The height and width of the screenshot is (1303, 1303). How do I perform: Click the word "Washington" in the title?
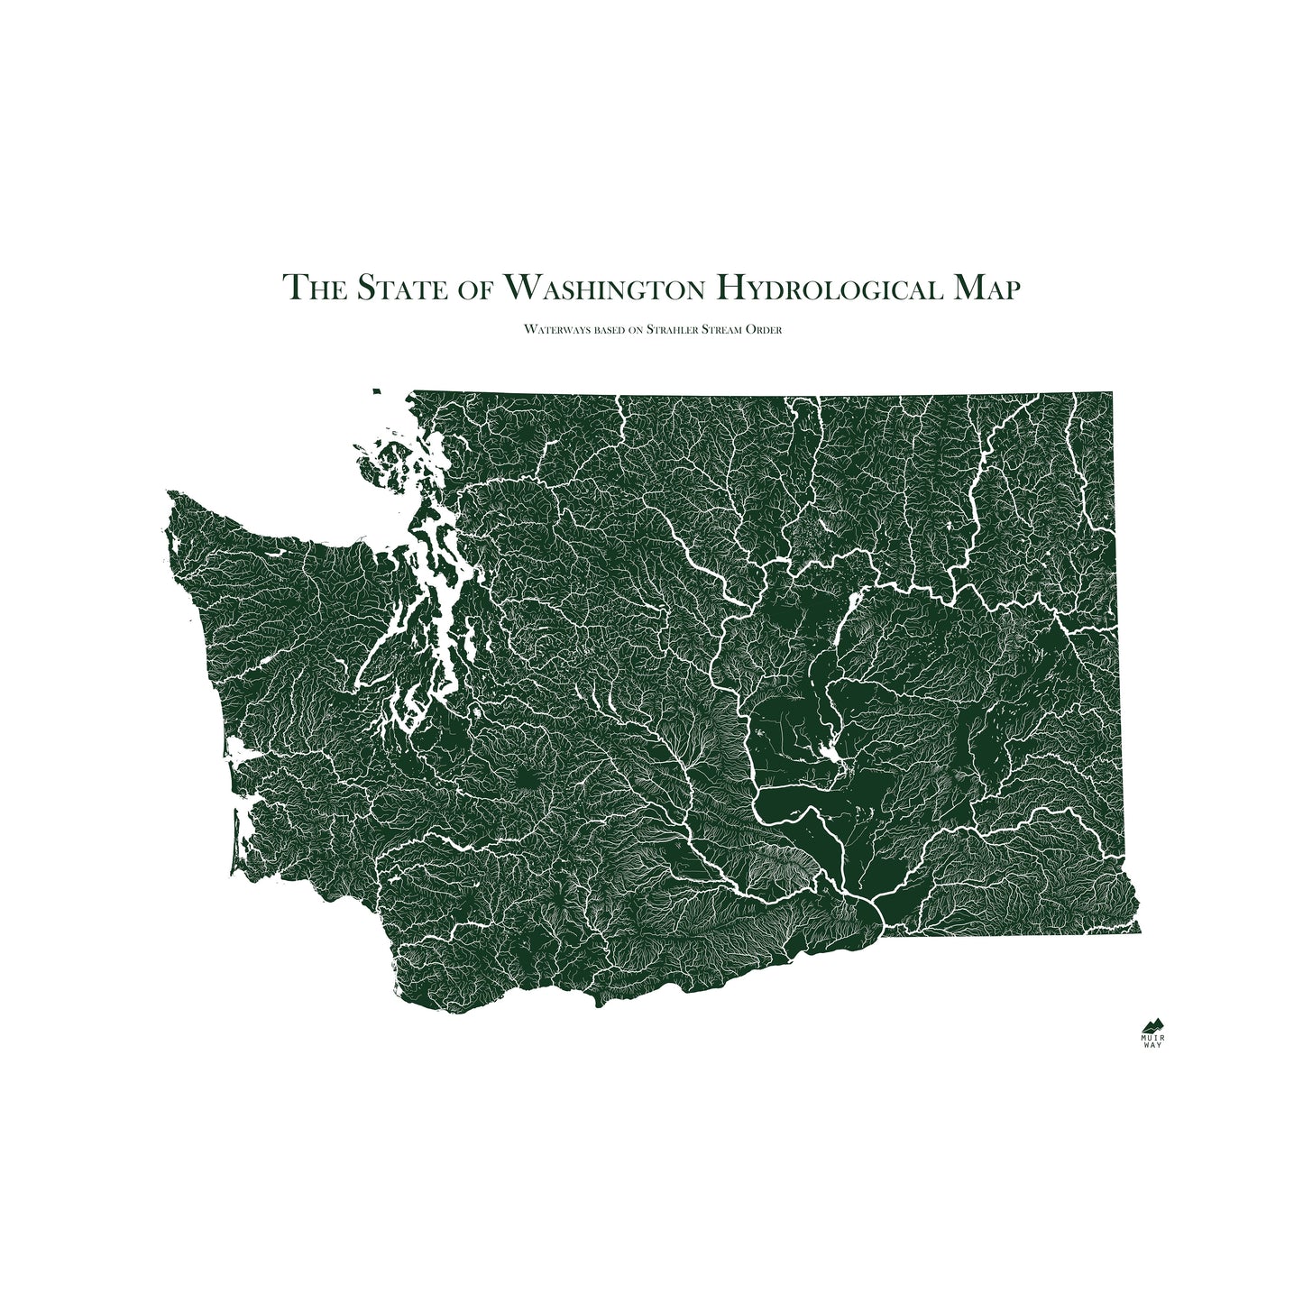click(x=603, y=288)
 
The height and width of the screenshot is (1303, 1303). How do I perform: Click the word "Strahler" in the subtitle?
click(x=675, y=330)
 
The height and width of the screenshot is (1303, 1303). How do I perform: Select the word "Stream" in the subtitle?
click(x=729, y=330)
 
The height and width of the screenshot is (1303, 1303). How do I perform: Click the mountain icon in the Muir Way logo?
click(x=1152, y=1025)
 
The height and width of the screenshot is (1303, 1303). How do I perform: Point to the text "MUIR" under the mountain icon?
click(x=1152, y=1038)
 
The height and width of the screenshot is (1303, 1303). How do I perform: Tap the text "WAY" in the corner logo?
click(x=1152, y=1046)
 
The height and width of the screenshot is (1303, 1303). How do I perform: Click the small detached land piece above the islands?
click(x=376, y=390)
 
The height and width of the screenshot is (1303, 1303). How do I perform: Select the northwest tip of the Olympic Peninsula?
click(x=170, y=494)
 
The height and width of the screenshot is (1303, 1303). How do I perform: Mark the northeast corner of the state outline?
click(x=1111, y=394)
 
